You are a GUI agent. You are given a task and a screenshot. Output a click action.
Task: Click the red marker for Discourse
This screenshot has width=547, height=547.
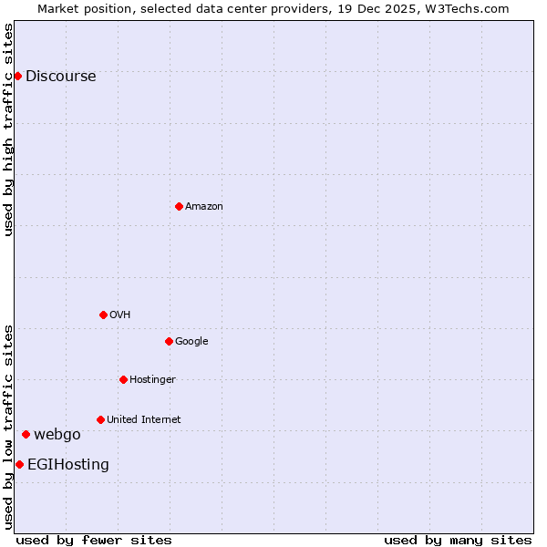point(18,76)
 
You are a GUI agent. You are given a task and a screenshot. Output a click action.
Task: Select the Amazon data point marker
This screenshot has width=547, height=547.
point(179,206)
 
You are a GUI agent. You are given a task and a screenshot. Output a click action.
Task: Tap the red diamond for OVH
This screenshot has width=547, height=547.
point(103,315)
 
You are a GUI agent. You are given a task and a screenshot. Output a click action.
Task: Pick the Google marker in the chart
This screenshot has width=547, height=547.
point(169,341)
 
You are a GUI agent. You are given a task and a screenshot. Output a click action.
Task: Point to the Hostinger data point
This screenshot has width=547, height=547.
point(123,379)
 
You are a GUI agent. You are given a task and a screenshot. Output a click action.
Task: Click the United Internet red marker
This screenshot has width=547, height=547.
point(100,419)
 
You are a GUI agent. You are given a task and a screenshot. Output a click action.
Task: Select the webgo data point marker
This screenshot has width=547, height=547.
point(26,434)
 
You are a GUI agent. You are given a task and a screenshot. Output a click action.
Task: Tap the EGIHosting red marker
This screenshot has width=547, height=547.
point(19,464)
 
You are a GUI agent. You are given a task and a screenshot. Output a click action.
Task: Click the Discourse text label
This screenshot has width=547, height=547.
point(60,76)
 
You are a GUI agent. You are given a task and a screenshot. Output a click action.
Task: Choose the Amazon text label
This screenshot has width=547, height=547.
point(203,206)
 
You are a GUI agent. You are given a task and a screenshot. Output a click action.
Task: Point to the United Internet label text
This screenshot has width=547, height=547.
point(143,419)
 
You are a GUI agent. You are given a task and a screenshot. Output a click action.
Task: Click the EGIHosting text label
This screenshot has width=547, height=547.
point(67,464)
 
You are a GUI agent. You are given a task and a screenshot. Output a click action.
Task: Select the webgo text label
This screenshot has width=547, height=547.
point(57,434)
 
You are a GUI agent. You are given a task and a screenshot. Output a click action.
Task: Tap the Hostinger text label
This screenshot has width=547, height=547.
point(152,379)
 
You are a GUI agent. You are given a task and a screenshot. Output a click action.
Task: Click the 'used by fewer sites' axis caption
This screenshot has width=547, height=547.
point(94,540)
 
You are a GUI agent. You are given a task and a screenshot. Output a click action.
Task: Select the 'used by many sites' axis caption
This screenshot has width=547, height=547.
point(458,540)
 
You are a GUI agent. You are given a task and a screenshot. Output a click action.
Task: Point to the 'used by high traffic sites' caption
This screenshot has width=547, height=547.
point(8,129)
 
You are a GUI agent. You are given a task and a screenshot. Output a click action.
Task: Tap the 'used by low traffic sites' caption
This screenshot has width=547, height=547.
point(8,427)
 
